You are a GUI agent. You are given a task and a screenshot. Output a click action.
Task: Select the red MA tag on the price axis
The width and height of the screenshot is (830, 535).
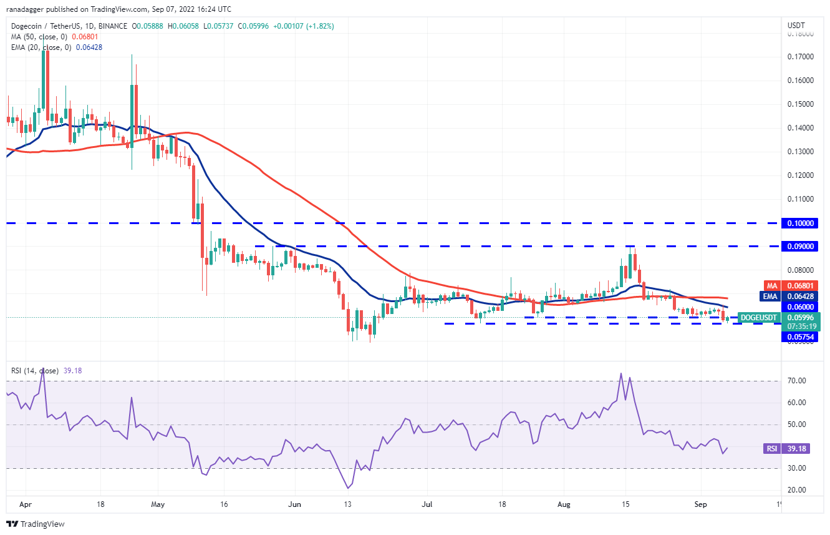click(x=772, y=286)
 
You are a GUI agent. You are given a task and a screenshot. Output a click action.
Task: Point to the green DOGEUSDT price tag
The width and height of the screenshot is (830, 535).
click(x=758, y=317)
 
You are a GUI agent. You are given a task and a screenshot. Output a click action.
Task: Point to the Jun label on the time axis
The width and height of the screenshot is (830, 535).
click(x=296, y=504)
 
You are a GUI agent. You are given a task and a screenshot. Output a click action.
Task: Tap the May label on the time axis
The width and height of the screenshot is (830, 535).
click(x=158, y=504)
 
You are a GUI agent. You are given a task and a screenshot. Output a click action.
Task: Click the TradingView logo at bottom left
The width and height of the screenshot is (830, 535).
click(x=36, y=524)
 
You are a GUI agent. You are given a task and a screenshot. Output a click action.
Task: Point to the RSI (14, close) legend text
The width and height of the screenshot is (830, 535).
click(x=35, y=371)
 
